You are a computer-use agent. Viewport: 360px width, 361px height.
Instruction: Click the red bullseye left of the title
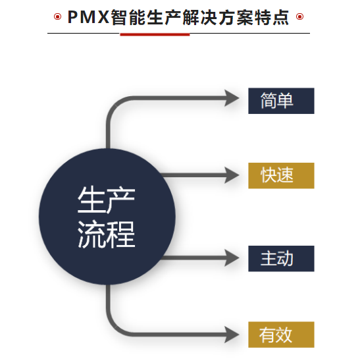click(57, 16)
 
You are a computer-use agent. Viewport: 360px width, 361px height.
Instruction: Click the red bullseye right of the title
click(299, 16)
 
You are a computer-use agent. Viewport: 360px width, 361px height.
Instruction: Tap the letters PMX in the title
click(88, 17)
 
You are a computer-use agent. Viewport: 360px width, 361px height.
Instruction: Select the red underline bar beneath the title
click(155, 34)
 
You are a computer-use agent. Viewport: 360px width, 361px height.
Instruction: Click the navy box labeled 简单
click(281, 101)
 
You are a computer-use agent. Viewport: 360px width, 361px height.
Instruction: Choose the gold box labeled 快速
click(281, 176)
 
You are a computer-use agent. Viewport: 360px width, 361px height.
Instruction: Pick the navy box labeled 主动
click(281, 258)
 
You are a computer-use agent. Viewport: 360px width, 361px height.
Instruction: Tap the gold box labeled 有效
click(281, 335)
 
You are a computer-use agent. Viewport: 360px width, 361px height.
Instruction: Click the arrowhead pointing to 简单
click(232, 98)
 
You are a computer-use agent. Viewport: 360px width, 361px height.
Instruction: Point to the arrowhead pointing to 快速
click(232, 175)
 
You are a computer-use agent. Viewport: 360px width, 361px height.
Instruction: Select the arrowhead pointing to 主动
click(232, 258)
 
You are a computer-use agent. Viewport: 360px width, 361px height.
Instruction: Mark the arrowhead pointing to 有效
click(232, 335)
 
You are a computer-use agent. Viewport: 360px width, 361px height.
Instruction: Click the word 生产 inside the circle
click(106, 200)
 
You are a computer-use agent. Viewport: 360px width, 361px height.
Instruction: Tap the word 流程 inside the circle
click(106, 234)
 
